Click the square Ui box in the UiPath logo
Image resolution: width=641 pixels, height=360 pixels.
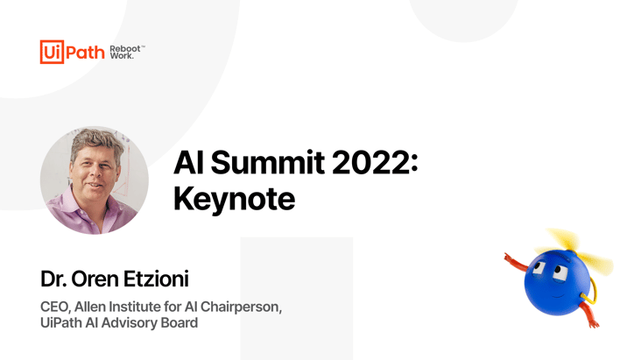point(52,52)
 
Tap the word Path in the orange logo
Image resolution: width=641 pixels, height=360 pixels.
point(85,53)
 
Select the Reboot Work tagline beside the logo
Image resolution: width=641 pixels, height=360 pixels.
point(127,52)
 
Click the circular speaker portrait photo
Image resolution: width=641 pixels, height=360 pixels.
point(95,180)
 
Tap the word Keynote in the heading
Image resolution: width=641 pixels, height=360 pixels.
point(234,200)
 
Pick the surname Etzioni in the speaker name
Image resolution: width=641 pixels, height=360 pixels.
point(156,279)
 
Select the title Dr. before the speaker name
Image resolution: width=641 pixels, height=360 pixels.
point(53,279)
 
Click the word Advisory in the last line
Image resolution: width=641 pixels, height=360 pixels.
point(129,322)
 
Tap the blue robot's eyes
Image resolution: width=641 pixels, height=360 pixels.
point(549,269)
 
